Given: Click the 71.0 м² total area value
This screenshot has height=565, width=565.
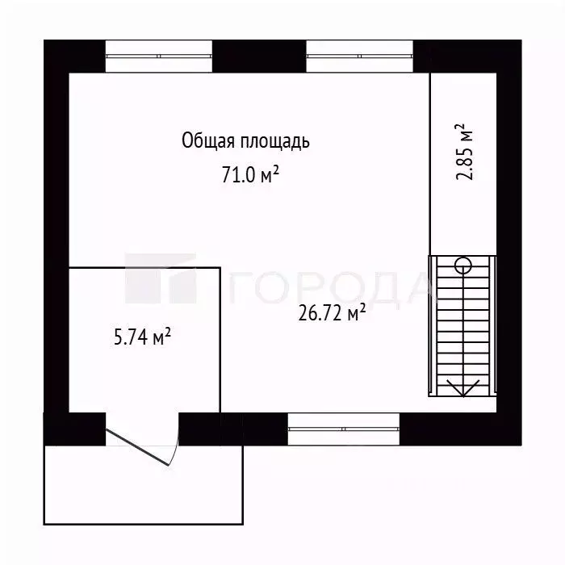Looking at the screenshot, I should click(250, 175).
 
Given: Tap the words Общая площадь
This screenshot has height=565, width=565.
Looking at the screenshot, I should click(245, 142).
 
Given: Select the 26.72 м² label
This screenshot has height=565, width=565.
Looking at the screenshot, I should click(333, 314).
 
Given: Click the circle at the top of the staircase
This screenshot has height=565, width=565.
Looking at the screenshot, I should click(463, 264).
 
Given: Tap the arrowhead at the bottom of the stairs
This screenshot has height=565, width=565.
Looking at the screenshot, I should click(463, 389).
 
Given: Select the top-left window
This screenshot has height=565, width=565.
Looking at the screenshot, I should click(159, 56).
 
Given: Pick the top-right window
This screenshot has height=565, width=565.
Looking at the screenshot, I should click(359, 56).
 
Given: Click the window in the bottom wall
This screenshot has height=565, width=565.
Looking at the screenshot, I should click(344, 429).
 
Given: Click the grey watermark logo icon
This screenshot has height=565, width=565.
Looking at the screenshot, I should click(161, 278).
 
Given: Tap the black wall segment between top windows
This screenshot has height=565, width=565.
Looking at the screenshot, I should click(259, 56).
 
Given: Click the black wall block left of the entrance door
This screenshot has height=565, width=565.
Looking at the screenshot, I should click(74, 429).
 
